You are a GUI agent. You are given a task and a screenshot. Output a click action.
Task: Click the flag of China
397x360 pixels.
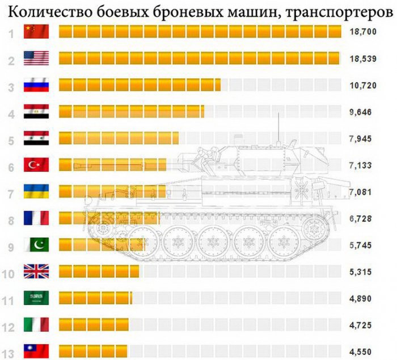[x=36, y=32]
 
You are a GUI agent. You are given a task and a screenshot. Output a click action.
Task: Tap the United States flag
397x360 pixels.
[x=36, y=58]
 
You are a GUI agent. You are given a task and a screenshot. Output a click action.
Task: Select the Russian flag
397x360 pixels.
[x=36, y=85]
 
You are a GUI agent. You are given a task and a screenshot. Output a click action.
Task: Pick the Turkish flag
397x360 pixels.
[x=36, y=165]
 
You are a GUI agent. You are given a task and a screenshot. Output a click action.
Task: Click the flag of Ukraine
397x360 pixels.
[x=36, y=191]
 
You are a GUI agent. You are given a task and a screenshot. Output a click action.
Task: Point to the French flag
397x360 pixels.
[x=36, y=218]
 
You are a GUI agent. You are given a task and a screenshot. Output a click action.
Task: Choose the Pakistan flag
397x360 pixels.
[x=36, y=245]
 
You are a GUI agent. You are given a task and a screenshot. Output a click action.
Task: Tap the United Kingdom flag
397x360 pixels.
[x=36, y=271]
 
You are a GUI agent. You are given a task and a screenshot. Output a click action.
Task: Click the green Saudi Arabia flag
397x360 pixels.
[x=36, y=298]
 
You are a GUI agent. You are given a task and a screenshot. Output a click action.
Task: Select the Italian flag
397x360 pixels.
[x=36, y=324]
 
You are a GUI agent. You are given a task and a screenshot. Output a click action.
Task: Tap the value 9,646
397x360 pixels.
[x=361, y=112]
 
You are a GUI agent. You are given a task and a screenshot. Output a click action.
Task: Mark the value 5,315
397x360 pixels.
[x=361, y=271]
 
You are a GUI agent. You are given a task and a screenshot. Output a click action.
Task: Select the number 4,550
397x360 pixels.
[x=361, y=351]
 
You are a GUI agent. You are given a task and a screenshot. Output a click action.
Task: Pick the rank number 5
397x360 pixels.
[x=11, y=139]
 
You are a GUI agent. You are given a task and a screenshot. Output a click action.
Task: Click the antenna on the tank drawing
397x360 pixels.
[x=278, y=128]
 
